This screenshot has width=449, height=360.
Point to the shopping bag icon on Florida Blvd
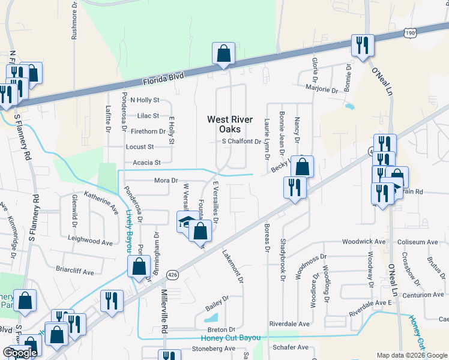223,53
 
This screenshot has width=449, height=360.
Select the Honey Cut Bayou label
231,338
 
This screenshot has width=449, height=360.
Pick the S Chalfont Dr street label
241,142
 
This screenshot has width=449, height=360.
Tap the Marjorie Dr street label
322,89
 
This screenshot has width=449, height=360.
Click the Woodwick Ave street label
364,241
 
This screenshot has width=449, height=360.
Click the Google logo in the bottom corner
19,353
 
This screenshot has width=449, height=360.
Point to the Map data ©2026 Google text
412,355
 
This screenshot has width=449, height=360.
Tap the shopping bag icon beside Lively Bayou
139,268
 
